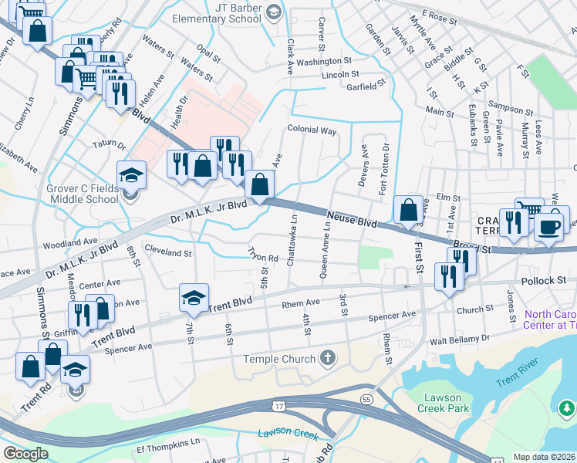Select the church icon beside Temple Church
coord(328,358)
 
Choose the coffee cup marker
coord(549,225)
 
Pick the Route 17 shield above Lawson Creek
coord(278,404)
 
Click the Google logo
coord(25,454)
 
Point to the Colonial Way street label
coord(312,130)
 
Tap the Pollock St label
coord(543,282)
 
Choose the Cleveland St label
coord(167,252)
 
